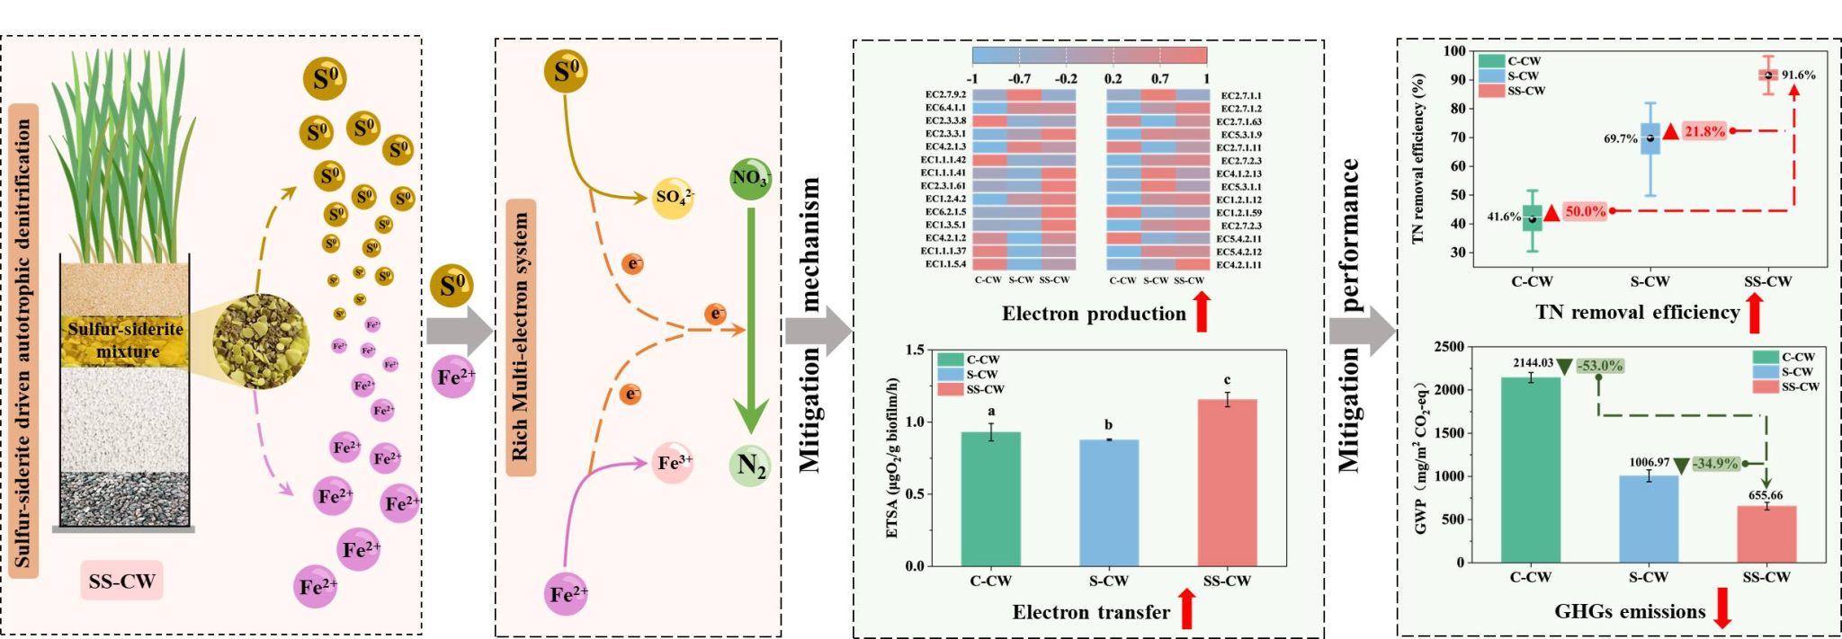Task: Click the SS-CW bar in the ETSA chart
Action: (x=1227, y=483)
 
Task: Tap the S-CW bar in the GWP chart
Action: (x=1649, y=519)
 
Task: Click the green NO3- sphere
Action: (x=750, y=179)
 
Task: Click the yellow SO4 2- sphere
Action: (x=674, y=197)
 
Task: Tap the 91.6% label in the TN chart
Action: (x=1798, y=75)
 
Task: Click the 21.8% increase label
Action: (x=1704, y=131)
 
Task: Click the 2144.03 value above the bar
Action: (x=1533, y=363)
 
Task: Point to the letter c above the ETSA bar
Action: (x=1227, y=380)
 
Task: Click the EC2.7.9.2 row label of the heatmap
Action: (x=945, y=95)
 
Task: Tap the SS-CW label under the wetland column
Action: (x=122, y=581)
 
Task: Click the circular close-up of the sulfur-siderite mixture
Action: (x=260, y=341)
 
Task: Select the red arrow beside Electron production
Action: (x=1202, y=315)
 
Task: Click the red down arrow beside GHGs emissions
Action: (x=1723, y=611)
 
